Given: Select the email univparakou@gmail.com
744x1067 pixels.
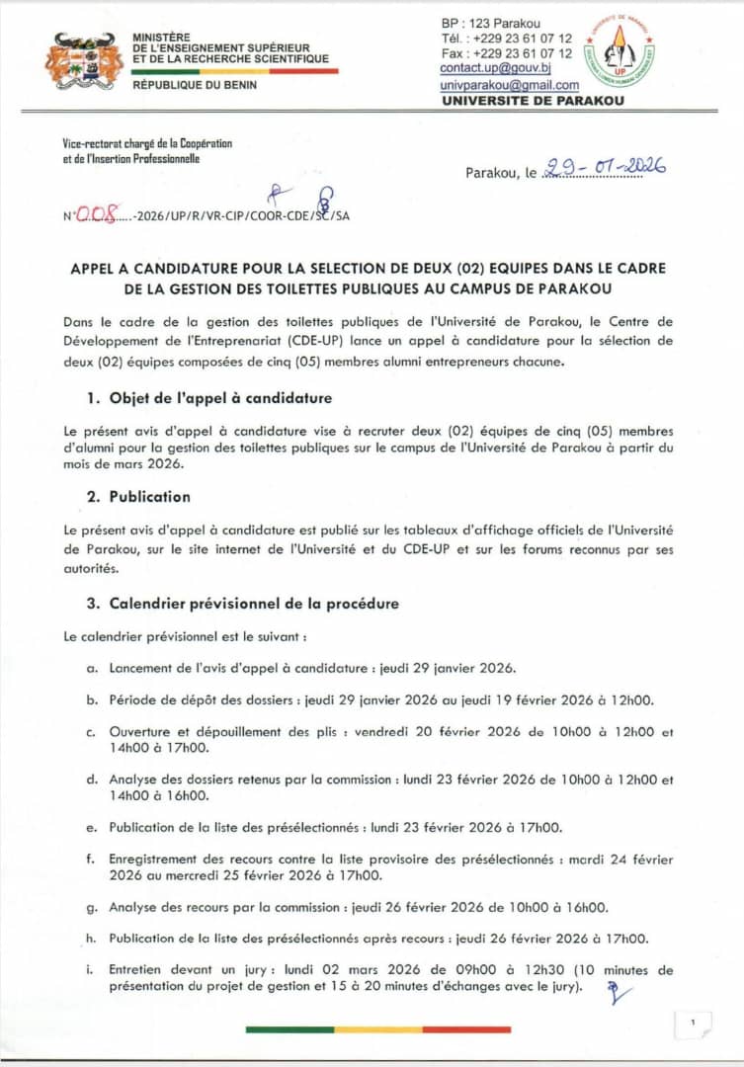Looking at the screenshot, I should click(x=509, y=86).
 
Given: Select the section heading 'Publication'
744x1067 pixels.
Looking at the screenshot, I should click(x=149, y=496).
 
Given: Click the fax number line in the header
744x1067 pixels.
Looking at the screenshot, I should click(x=507, y=53).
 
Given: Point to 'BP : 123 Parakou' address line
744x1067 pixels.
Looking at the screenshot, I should click(x=491, y=22).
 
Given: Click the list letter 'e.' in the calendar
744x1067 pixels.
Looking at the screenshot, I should click(x=91, y=827).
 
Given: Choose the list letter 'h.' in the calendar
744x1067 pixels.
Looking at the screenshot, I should click(x=91, y=939).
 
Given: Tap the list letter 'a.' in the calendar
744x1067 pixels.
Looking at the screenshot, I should click(x=91, y=669).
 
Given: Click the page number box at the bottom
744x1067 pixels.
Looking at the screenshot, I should click(x=694, y=1024).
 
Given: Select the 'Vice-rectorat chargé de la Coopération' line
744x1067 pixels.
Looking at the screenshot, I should click(x=146, y=143).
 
